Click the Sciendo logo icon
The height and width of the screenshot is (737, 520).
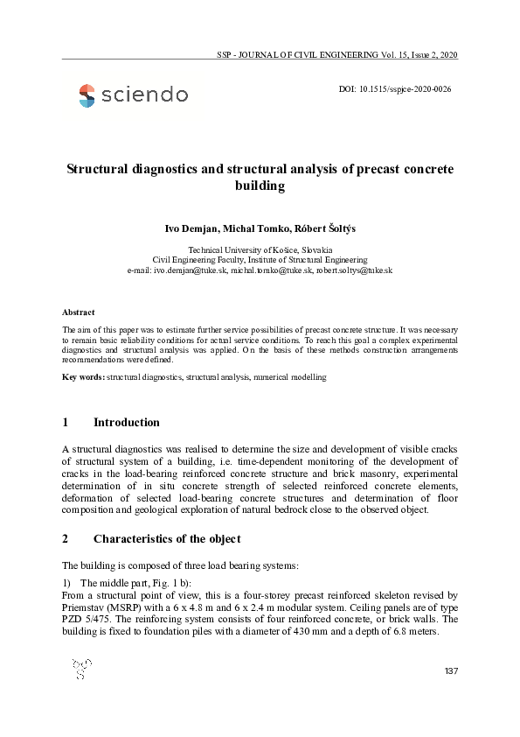[87, 95]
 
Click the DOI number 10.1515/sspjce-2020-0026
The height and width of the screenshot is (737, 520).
[406, 90]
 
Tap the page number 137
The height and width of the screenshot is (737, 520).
[450, 671]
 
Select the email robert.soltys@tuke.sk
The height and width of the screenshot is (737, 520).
[354, 271]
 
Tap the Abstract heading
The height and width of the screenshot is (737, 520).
[79, 312]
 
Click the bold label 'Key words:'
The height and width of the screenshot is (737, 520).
[83, 376]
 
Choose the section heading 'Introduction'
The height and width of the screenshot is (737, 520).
[126, 422]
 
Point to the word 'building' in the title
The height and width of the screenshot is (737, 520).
[260, 186]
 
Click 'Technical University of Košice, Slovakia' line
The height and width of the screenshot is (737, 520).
[260, 249]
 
